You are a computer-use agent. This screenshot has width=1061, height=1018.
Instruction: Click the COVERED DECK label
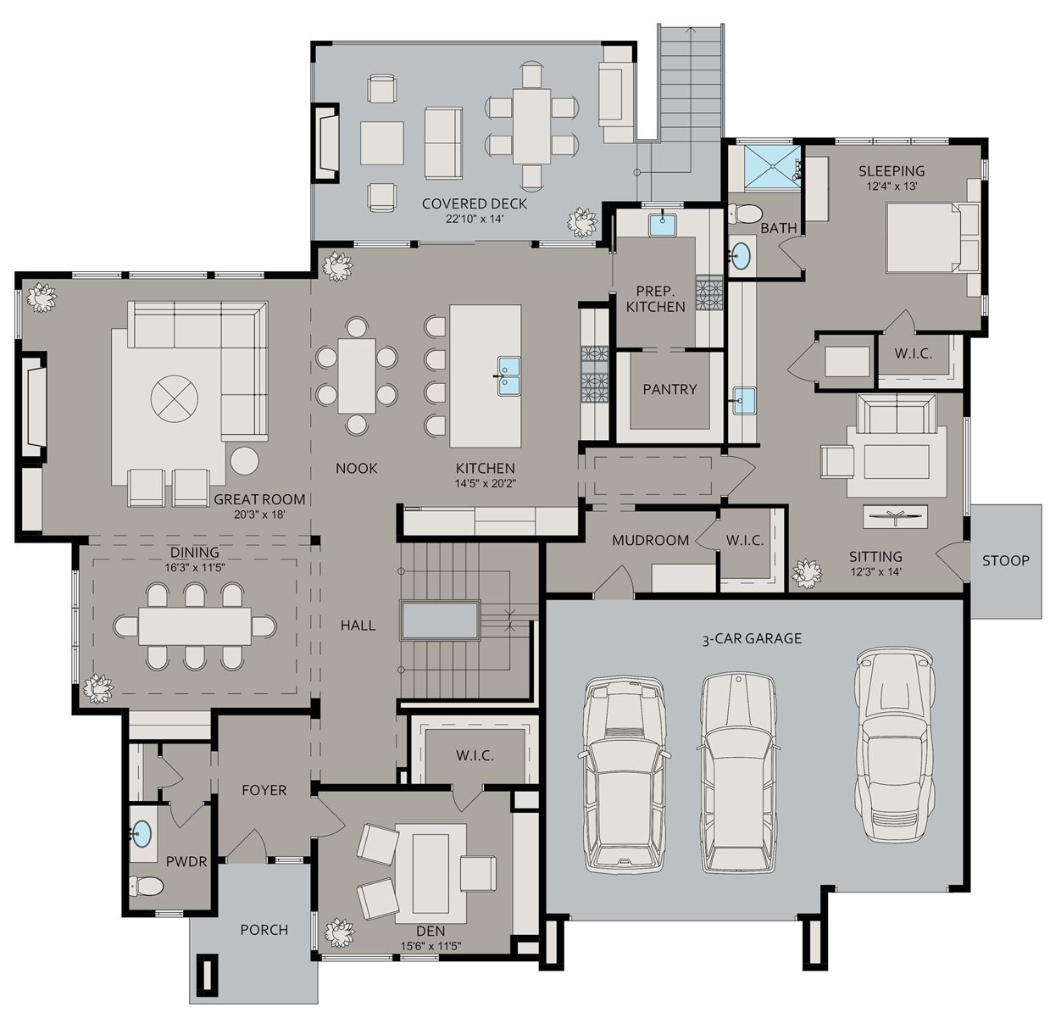(474, 203)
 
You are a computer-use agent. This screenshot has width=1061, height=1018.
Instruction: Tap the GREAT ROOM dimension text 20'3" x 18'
(259, 515)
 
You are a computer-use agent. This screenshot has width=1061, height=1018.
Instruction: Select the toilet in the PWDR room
(147, 887)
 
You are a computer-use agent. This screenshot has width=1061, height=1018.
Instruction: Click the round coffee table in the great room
(175, 397)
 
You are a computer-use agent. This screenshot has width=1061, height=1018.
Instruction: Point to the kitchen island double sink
(508, 375)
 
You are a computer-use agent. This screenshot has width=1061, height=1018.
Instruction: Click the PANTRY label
(669, 389)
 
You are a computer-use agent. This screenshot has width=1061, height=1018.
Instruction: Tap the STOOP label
(1006, 560)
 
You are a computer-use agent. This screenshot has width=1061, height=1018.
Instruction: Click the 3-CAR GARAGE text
(751, 639)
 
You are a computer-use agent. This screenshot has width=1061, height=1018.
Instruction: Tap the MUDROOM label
(650, 540)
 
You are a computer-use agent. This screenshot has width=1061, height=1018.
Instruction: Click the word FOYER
(264, 790)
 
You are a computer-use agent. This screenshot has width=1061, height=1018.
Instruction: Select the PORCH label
(264, 930)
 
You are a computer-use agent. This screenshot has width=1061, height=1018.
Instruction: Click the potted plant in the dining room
(98, 688)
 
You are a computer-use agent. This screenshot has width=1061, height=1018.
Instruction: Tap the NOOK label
(356, 468)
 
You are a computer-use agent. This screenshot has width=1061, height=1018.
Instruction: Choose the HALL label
(358, 626)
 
